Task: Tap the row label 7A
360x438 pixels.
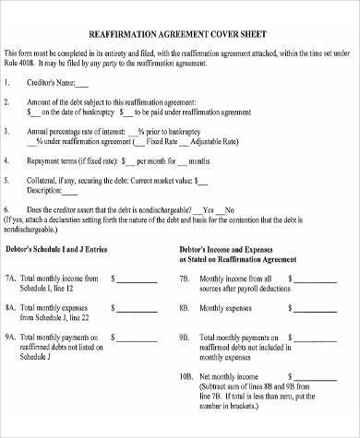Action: pos(10,277)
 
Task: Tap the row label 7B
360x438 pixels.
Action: pos(186,277)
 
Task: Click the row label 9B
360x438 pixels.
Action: pos(186,337)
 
